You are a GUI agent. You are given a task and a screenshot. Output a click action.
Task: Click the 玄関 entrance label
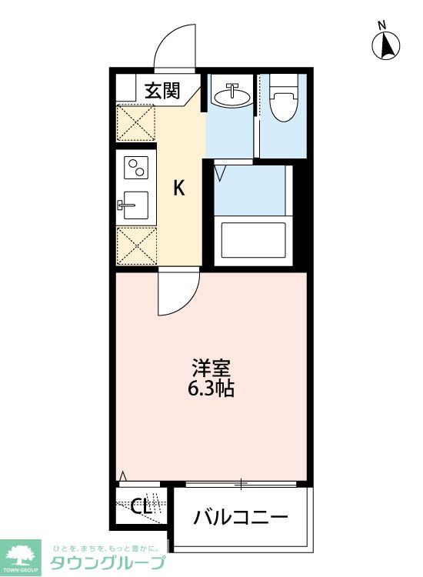point(163,91)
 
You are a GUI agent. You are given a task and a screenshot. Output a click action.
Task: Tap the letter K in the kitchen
point(178,188)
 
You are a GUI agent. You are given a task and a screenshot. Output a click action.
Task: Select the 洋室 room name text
point(211,368)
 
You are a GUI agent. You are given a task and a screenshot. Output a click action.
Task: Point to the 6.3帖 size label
point(211,389)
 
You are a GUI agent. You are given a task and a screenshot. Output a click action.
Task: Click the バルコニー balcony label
point(241,516)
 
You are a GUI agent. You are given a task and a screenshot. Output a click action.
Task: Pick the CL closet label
point(140,507)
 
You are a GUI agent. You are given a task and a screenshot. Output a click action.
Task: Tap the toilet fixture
point(283,105)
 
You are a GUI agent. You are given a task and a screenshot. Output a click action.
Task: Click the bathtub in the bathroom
point(253,240)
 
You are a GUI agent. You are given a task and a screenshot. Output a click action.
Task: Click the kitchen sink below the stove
point(135,205)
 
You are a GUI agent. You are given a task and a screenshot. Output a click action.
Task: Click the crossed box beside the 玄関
point(135,122)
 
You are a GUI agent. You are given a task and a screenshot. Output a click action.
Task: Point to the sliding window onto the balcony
point(241,484)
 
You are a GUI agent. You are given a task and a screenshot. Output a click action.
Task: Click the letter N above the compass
point(382,25)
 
